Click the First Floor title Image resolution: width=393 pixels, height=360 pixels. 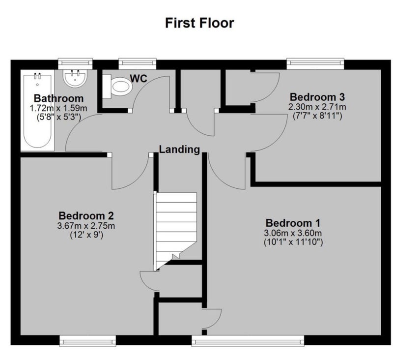coord(199,23)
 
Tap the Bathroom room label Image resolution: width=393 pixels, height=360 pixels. coord(58,98)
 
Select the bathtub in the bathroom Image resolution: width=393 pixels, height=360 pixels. coord(37,110)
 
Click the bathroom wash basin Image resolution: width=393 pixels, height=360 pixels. coord(75,78)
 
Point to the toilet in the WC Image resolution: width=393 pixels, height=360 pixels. coord(118,87)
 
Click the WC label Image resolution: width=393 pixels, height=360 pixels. coord(139,79)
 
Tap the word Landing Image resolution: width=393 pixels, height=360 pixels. coord(179,150)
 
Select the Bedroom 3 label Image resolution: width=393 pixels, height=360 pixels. coord(317,97)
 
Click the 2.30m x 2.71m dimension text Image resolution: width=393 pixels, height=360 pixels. coord(317,107)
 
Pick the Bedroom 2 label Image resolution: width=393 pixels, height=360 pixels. coord(86,216)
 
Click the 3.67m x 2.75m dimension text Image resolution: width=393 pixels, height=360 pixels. coord(86,226)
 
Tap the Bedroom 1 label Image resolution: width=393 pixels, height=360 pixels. coord(293,223)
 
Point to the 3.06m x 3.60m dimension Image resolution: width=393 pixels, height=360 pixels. coord(293,233)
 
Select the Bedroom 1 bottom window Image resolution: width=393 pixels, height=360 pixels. coord(248,341)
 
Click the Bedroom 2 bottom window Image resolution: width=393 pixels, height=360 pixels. coord(88,341)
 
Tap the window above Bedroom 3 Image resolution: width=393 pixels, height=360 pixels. coord(315,64)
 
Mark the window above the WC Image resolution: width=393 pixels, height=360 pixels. coord(138,64)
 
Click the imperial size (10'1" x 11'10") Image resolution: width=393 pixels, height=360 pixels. coord(293,242)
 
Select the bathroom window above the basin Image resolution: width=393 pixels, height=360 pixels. coord(75,64)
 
